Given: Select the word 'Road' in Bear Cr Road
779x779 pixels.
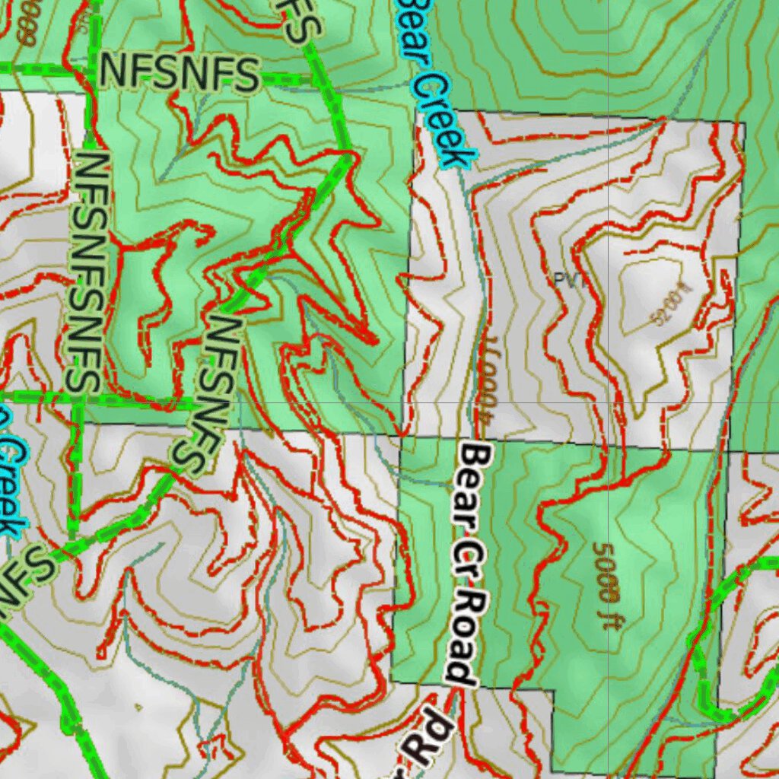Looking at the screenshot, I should click(464, 639).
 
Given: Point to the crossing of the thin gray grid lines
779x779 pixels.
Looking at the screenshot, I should click(608, 402).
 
